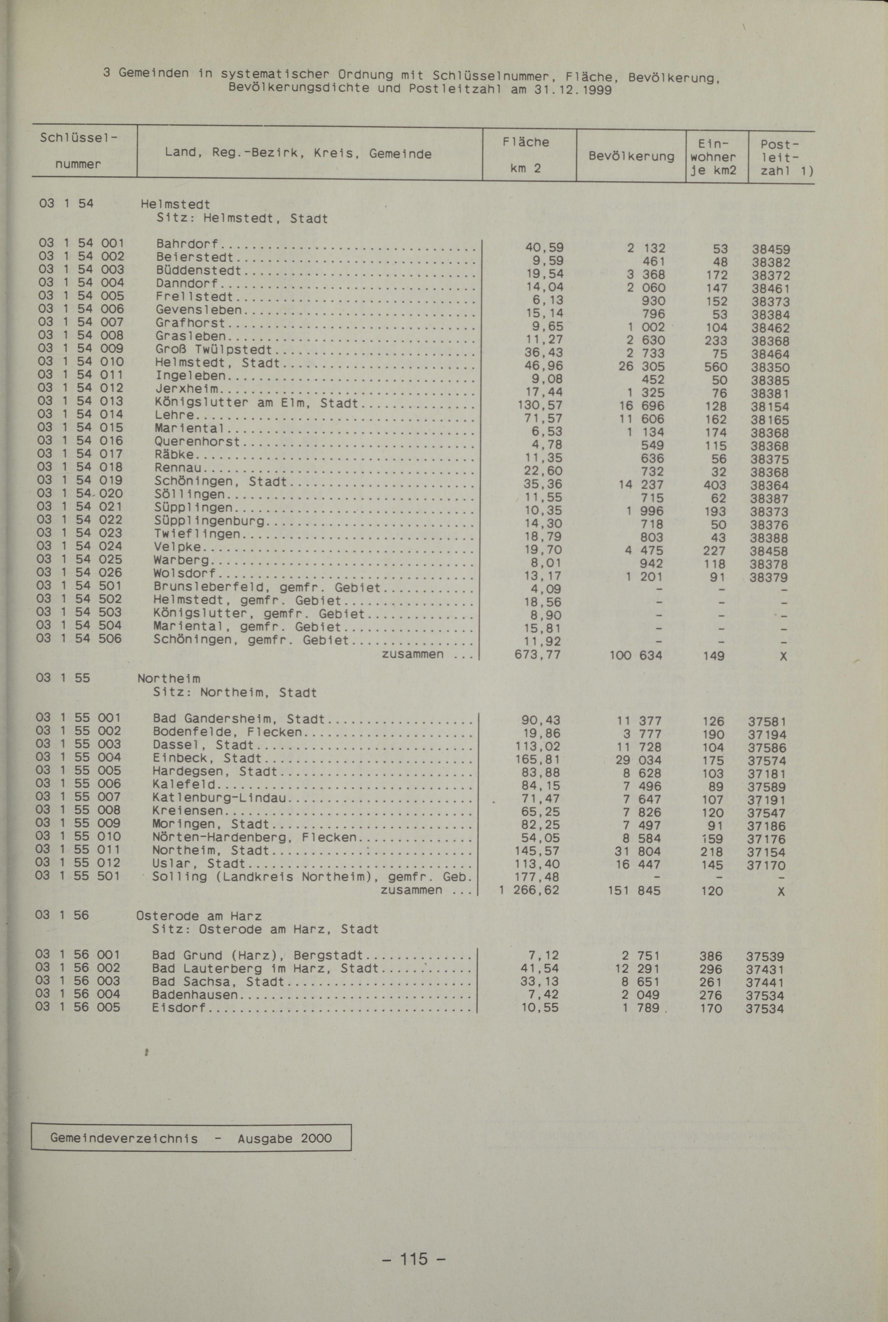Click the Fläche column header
coord(526,142)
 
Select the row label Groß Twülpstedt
coord(213,350)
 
